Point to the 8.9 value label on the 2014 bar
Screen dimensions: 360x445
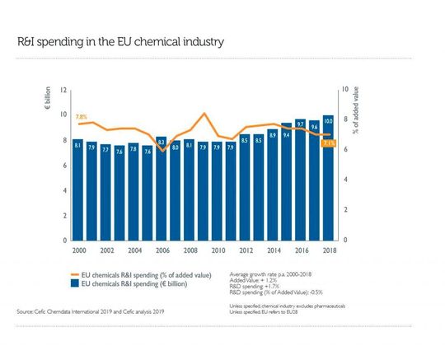tap(272, 134)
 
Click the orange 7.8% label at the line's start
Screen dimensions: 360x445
tap(81, 117)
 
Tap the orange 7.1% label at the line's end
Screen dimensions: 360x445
tap(329, 143)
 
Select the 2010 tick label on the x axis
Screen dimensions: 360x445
tap(218, 250)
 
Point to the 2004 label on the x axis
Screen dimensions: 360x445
tap(133, 250)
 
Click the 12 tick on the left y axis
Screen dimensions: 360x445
tap(64, 90)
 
